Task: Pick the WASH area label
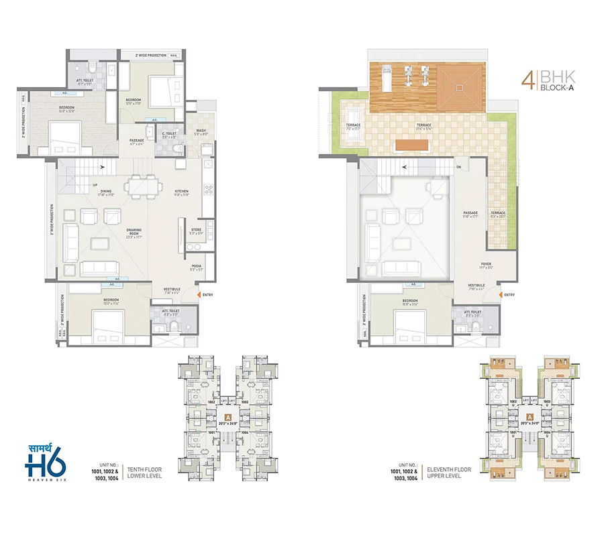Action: pyautogui.click(x=201, y=132)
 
